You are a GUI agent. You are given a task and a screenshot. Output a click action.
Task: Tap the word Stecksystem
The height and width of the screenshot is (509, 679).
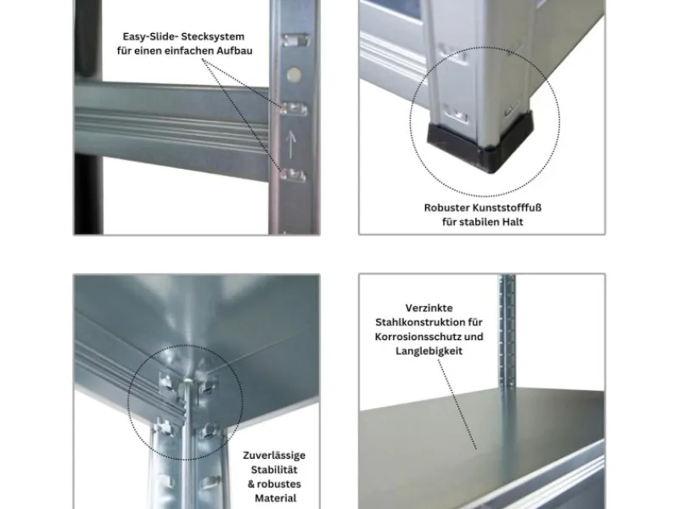(x=216, y=36)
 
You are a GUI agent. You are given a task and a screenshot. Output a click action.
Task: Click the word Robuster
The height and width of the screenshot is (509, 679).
(x=446, y=207)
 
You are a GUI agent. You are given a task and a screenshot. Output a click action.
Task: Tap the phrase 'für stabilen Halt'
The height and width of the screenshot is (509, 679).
(x=481, y=221)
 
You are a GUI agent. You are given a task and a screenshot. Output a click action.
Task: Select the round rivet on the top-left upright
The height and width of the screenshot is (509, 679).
(x=293, y=75)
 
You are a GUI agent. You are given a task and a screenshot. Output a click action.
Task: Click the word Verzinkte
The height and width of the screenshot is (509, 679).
(x=429, y=307)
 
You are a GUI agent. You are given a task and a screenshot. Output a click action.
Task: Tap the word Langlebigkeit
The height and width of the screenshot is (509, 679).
(x=429, y=350)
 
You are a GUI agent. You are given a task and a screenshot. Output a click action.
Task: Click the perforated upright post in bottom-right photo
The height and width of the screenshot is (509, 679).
(x=507, y=339)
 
